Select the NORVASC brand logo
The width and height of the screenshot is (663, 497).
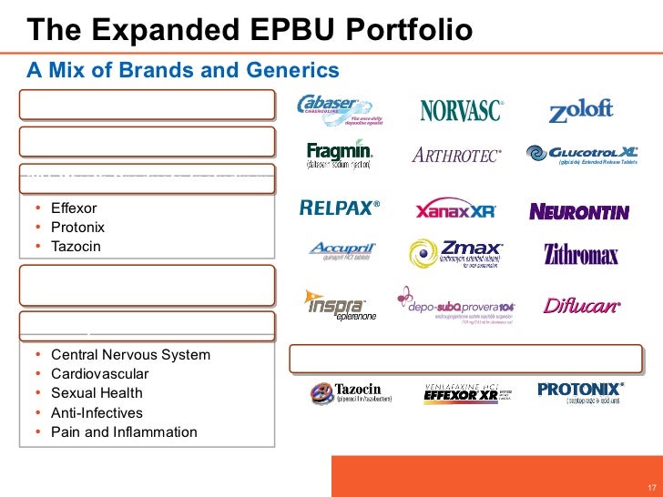461,111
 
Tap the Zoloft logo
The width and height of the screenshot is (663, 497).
581,112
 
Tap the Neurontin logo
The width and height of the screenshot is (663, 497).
579,212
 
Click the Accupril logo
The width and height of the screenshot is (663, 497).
342,250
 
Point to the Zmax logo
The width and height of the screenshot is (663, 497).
456,254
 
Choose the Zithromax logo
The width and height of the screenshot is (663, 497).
581,254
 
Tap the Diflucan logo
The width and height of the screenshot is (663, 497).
582,306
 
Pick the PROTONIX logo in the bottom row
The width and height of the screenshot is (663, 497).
579,391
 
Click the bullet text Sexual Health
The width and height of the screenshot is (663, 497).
97,393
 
